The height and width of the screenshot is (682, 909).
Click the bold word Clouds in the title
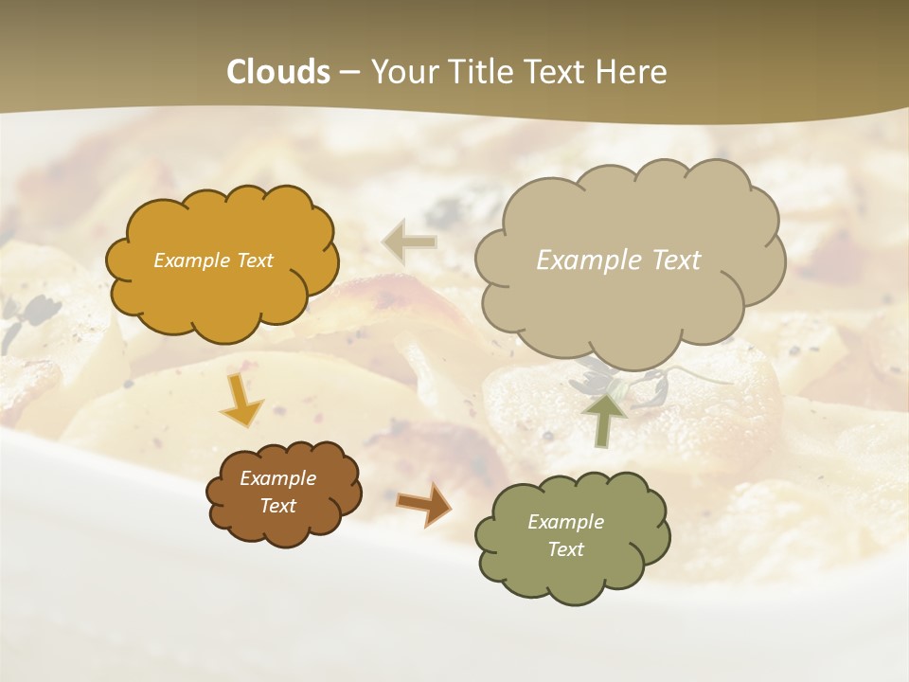277,72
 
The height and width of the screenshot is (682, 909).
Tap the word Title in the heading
481,72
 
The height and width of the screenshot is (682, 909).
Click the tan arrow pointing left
409,242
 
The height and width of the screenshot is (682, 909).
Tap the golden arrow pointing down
242,400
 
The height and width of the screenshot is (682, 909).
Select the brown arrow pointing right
425,504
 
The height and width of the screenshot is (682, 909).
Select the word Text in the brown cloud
277,506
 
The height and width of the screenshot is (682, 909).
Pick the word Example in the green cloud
565,522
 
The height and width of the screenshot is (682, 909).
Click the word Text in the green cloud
565,549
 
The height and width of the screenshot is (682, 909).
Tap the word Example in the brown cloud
277,478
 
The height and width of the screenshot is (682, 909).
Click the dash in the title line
348,73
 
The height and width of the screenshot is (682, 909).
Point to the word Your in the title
404,72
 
